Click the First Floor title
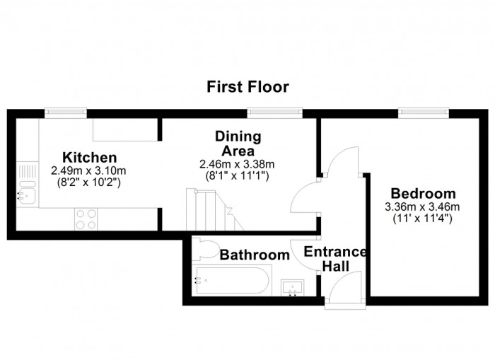(248, 87)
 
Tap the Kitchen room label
(89, 157)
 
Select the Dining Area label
(238, 144)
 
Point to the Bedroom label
(423, 193)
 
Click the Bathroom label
(255, 255)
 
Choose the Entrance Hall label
(335, 259)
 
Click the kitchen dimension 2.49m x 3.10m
(88, 171)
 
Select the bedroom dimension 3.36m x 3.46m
(422, 207)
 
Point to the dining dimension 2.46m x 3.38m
(237, 164)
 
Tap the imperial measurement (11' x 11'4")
(422, 219)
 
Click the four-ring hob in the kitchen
(86, 219)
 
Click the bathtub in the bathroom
(232, 280)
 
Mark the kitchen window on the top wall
(66, 112)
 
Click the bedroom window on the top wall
(424, 112)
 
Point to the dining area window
(274, 112)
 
